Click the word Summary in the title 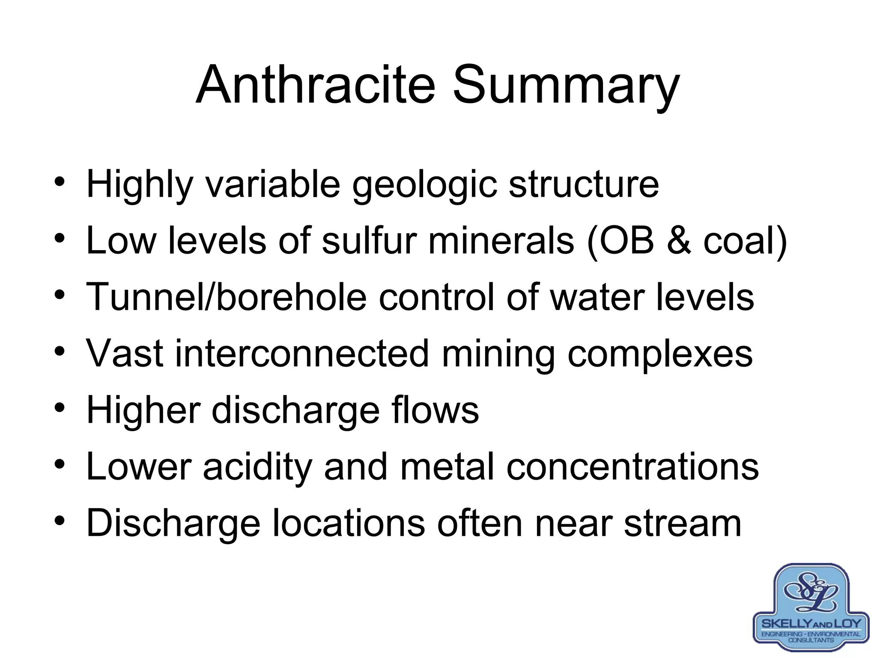click(566, 86)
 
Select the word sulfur click(369, 241)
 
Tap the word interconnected click(302, 353)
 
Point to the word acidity click(257, 467)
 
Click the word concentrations click(632, 467)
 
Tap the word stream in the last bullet click(683, 523)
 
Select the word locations click(349, 523)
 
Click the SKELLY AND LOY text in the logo click(811, 623)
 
